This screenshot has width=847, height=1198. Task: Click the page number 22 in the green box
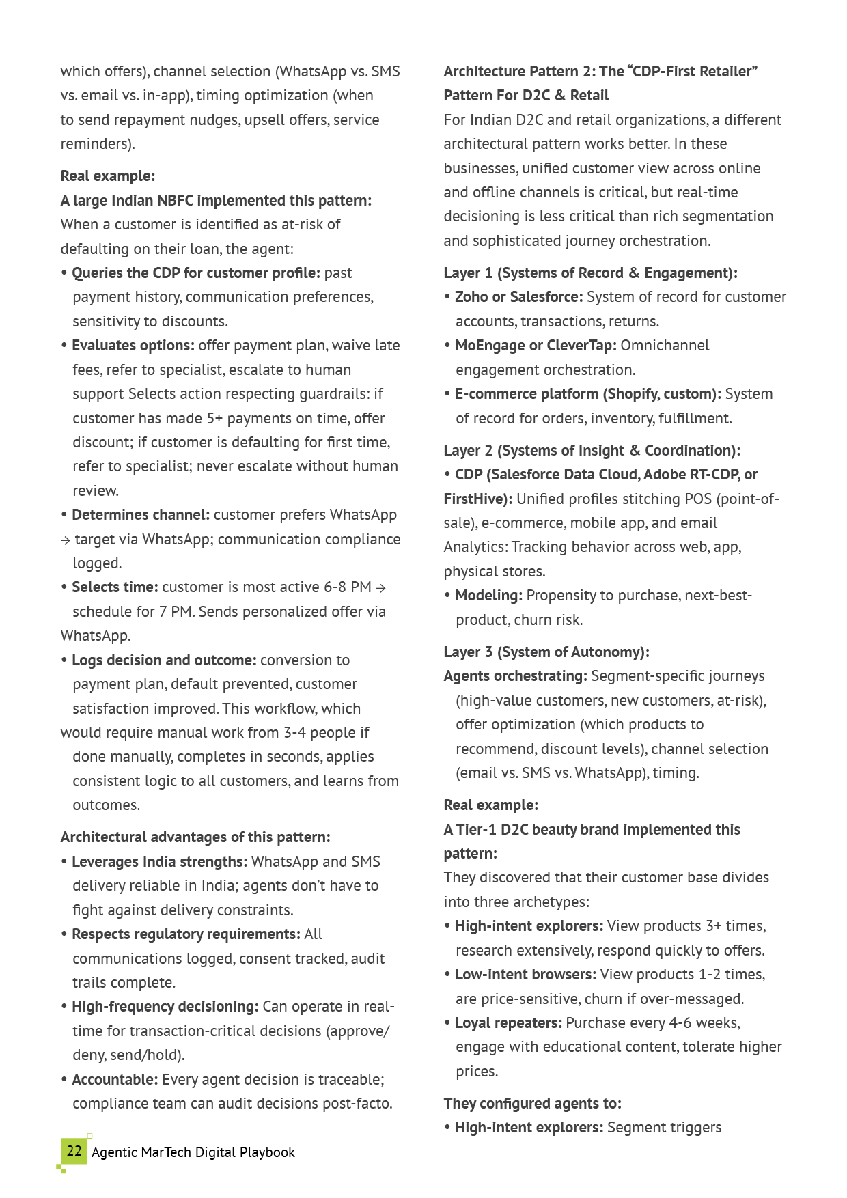74,1151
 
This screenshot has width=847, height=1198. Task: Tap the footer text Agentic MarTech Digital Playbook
193,1152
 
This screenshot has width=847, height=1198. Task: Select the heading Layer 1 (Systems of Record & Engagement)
590,273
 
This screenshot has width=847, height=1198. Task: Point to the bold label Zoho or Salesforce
518,297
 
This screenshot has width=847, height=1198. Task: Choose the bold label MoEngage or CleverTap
536,346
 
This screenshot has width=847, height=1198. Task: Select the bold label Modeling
488,596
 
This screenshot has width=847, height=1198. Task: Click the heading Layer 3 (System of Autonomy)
546,652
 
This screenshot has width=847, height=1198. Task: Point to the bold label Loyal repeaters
508,1023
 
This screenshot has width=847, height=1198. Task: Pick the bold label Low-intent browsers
525,975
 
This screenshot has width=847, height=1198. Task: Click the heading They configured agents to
532,1104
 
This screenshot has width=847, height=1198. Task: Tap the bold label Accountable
115,1080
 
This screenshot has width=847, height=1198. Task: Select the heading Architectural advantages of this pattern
195,837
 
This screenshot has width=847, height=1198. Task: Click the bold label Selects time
115,587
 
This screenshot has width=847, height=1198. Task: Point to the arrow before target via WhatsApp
66,540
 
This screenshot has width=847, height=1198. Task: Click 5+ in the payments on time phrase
215,419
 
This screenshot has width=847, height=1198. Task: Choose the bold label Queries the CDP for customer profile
195,273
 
